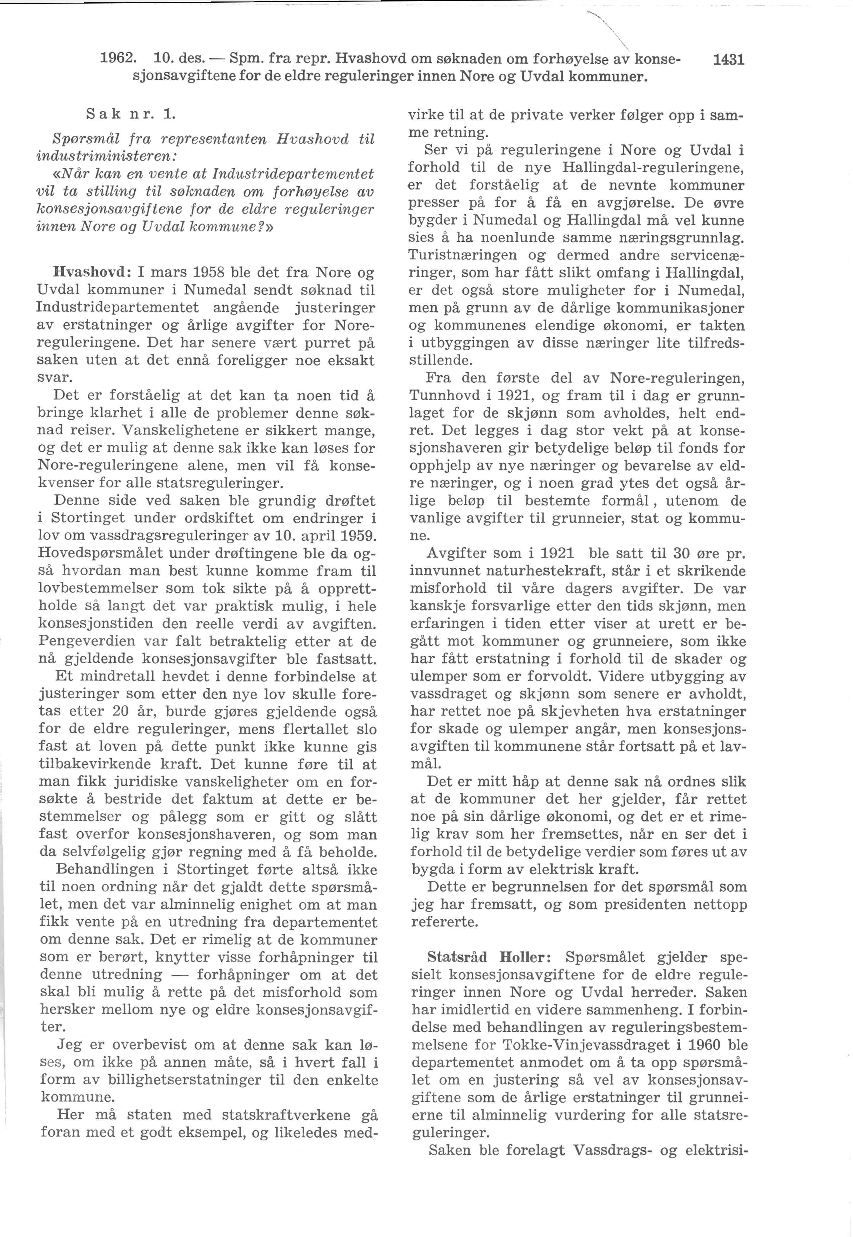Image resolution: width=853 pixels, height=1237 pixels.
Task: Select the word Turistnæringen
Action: click(463, 255)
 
